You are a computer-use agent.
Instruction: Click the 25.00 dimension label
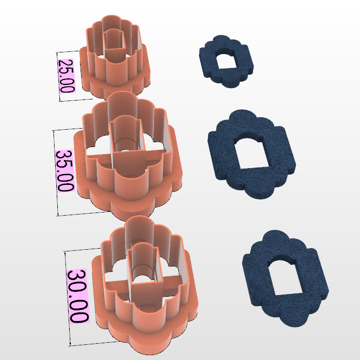pos(66,76)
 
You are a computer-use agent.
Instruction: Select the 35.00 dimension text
pos(65,170)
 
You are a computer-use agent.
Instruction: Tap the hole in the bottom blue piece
pos(284,276)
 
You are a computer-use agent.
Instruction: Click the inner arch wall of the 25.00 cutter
pos(115,45)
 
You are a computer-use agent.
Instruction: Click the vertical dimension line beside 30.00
pos(68,297)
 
